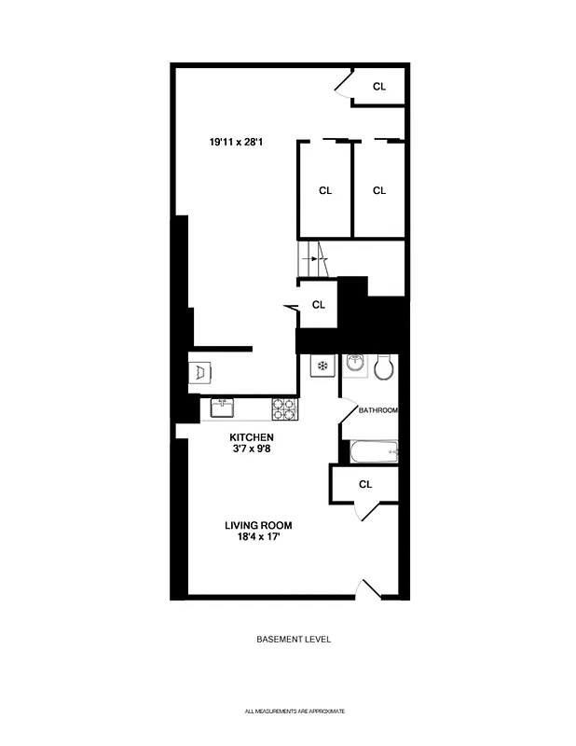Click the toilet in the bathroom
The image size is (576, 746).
[384, 369]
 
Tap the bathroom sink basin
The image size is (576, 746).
[354, 366]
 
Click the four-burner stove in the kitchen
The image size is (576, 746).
[284, 408]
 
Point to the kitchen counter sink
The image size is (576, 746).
[222, 408]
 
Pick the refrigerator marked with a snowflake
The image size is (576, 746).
[322, 366]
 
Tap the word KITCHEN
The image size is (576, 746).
[252, 437]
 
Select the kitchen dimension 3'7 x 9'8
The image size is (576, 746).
[252, 449]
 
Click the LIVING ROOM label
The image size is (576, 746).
[258, 526]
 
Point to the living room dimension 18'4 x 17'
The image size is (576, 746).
[258, 538]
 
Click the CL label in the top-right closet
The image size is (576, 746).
[379, 87]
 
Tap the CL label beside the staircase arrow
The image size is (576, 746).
[319, 304]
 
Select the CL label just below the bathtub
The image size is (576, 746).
[365, 484]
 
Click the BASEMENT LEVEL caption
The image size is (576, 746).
[294, 640]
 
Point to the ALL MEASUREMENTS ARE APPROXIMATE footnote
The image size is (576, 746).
[295, 711]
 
